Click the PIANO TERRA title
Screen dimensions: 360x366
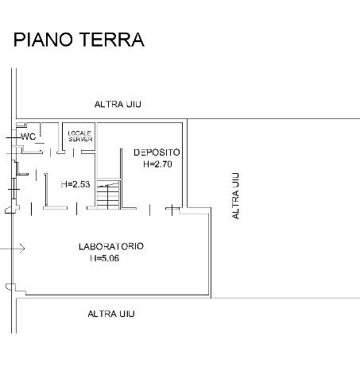click(x=79, y=40)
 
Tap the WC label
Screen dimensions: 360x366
click(x=28, y=137)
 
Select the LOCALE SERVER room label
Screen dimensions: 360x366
click(x=80, y=137)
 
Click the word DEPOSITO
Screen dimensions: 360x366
click(x=157, y=152)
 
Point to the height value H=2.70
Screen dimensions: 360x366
click(x=157, y=164)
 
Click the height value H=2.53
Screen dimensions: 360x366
click(x=75, y=184)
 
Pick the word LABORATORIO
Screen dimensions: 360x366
click(x=111, y=246)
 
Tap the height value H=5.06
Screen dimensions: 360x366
click(x=105, y=258)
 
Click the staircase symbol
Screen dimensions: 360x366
click(x=108, y=195)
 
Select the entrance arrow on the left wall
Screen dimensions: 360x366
click(x=12, y=248)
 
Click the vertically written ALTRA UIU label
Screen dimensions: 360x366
click(x=235, y=196)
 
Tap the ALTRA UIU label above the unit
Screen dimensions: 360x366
click(x=118, y=104)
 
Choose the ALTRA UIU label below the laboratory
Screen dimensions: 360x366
click(x=111, y=314)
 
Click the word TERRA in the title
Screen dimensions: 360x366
click(x=112, y=40)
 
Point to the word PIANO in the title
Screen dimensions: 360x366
click(x=43, y=40)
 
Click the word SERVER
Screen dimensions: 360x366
click(x=80, y=139)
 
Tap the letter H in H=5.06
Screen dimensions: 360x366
click(x=93, y=258)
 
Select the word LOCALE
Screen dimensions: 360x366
click(x=79, y=133)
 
